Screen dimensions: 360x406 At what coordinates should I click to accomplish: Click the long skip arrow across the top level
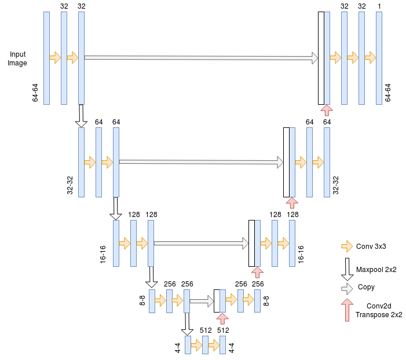pos(200,58)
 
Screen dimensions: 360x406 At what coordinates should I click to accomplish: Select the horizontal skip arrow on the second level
pos(200,162)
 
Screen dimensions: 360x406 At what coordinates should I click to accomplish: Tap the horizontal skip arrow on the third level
pos(200,244)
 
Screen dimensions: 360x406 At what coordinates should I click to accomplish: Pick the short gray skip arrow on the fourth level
pos(202,301)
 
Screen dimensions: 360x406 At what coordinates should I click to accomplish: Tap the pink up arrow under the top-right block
pos(327,111)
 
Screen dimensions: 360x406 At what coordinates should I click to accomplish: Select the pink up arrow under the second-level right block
pos(292,203)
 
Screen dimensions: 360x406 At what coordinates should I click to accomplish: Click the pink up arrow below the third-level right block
pos(257,273)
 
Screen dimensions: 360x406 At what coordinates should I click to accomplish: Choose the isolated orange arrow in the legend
pos(348,248)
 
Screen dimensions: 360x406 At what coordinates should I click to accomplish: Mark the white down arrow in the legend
pos(348,269)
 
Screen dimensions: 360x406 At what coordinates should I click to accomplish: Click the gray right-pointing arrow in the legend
pos(347,289)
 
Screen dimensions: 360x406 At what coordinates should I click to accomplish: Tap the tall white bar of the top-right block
pos(321,58)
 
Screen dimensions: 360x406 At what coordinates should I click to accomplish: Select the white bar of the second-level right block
pos(287,162)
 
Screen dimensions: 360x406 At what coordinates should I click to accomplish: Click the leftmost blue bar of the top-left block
pos(46,58)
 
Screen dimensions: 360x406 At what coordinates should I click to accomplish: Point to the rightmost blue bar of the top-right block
pos(379,58)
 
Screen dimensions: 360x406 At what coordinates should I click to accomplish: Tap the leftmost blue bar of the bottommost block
pos(188,345)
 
